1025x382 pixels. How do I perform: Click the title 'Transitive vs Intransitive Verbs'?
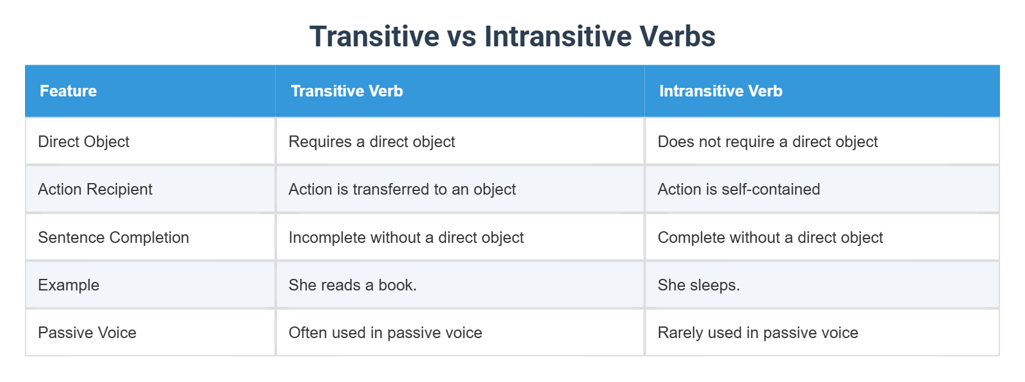tap(512, 37)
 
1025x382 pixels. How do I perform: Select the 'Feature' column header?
tap(68, 91)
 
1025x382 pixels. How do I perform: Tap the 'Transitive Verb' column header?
tap(347, 91)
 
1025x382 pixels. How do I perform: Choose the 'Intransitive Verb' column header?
tap(721, 91)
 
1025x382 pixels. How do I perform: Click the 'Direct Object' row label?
tap(84, 142)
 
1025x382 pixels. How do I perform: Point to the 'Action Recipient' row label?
tap(95, 189)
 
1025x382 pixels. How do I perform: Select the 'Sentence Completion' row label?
tap(113, 237)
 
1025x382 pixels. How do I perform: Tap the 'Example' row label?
tap(68, 285)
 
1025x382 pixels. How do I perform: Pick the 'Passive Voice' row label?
tap(87, 333)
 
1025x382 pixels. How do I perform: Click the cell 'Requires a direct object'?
tap(372, 142)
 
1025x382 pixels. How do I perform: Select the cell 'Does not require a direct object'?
tap(768, 142)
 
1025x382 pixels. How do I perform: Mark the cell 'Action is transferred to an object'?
tap(402, 189)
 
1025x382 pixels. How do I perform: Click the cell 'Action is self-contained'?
tap(739, 189)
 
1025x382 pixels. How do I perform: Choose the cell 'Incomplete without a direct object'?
tap(406, 237)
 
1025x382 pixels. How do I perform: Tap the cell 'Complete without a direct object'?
tap(770, 237)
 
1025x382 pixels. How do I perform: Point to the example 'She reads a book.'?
tap(353, 285)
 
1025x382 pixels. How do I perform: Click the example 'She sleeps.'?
tap(699, 285)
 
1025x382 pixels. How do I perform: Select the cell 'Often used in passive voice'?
tap(385, 333)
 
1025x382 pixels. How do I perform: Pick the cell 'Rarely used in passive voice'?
tap(758, 333)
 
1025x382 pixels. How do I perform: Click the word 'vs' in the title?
tap(461, 37)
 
